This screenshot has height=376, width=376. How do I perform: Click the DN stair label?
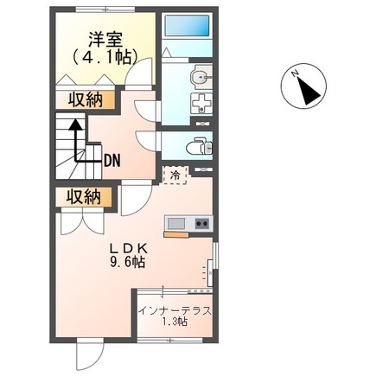pos(112,160)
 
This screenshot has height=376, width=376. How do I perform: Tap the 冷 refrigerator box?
pos(175,175)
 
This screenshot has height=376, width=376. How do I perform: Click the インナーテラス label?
pos(175,310)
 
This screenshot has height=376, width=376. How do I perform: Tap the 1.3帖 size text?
pos(175,324)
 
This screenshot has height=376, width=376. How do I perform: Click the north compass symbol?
pos(302,87)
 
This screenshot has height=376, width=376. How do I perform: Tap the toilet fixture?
pos(198,144)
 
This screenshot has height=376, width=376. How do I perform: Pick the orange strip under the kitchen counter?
pos(175,233)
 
